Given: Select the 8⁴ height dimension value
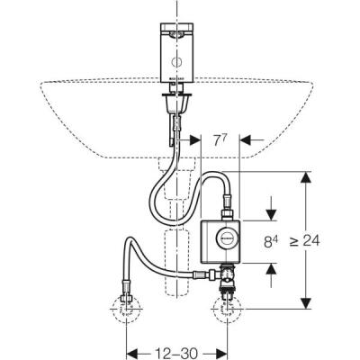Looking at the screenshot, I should [x=270, y=240].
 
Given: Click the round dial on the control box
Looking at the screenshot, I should [x=229, y=238].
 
